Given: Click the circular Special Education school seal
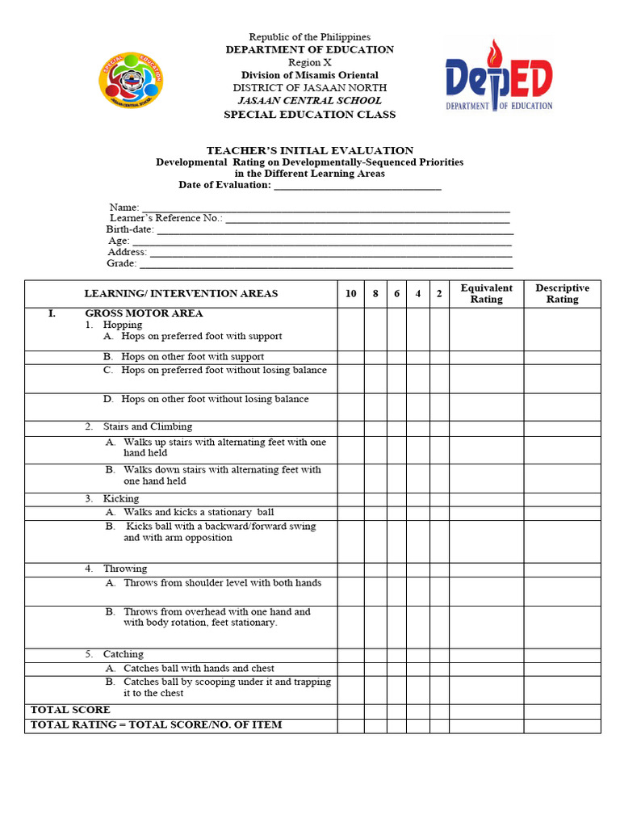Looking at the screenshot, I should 131,78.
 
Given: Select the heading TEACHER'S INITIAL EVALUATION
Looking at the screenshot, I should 310,150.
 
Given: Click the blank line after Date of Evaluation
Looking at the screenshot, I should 358,185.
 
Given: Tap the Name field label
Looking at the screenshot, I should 124,208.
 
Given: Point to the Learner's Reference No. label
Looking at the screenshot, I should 165,218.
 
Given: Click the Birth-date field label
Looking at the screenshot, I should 130,229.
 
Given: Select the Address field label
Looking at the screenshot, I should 128,252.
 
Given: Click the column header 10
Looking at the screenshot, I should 350,294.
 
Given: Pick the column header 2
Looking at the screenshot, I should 439,294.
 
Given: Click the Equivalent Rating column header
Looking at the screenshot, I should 486,294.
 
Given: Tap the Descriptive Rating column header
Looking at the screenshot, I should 562,294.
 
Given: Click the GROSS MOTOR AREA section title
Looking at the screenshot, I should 144,313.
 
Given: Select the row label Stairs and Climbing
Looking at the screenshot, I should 147,426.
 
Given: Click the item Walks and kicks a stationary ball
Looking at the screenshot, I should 199,512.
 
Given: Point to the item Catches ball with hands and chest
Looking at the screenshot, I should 199,668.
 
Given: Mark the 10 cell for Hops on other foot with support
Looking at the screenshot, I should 350,357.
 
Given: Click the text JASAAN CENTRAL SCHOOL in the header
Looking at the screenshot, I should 309,101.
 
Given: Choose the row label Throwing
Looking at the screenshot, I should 124,569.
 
